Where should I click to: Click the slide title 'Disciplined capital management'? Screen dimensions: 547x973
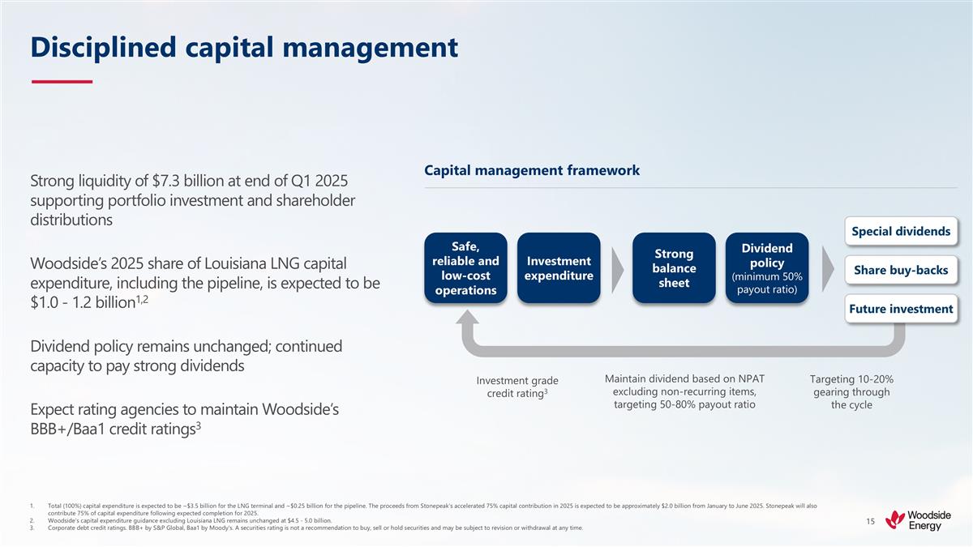pos(243,47)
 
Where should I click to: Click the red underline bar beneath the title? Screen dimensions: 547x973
pos(62,81)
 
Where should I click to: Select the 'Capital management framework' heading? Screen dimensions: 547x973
pos(531,170)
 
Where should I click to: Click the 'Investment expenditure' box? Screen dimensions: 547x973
pos(559,268)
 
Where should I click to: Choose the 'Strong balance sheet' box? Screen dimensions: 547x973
pos(674,268)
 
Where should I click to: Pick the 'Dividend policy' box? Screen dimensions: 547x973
pos(767,268)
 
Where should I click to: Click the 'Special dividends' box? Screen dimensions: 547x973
pos(901,231)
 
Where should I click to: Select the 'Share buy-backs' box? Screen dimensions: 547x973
pos(901,270)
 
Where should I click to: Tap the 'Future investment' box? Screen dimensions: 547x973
pos(901,309)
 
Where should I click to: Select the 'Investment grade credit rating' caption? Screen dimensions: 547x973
pos(517,387)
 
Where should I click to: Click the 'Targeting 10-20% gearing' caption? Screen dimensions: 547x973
pos(851,391)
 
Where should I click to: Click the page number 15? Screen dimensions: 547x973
pos(870,523)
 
